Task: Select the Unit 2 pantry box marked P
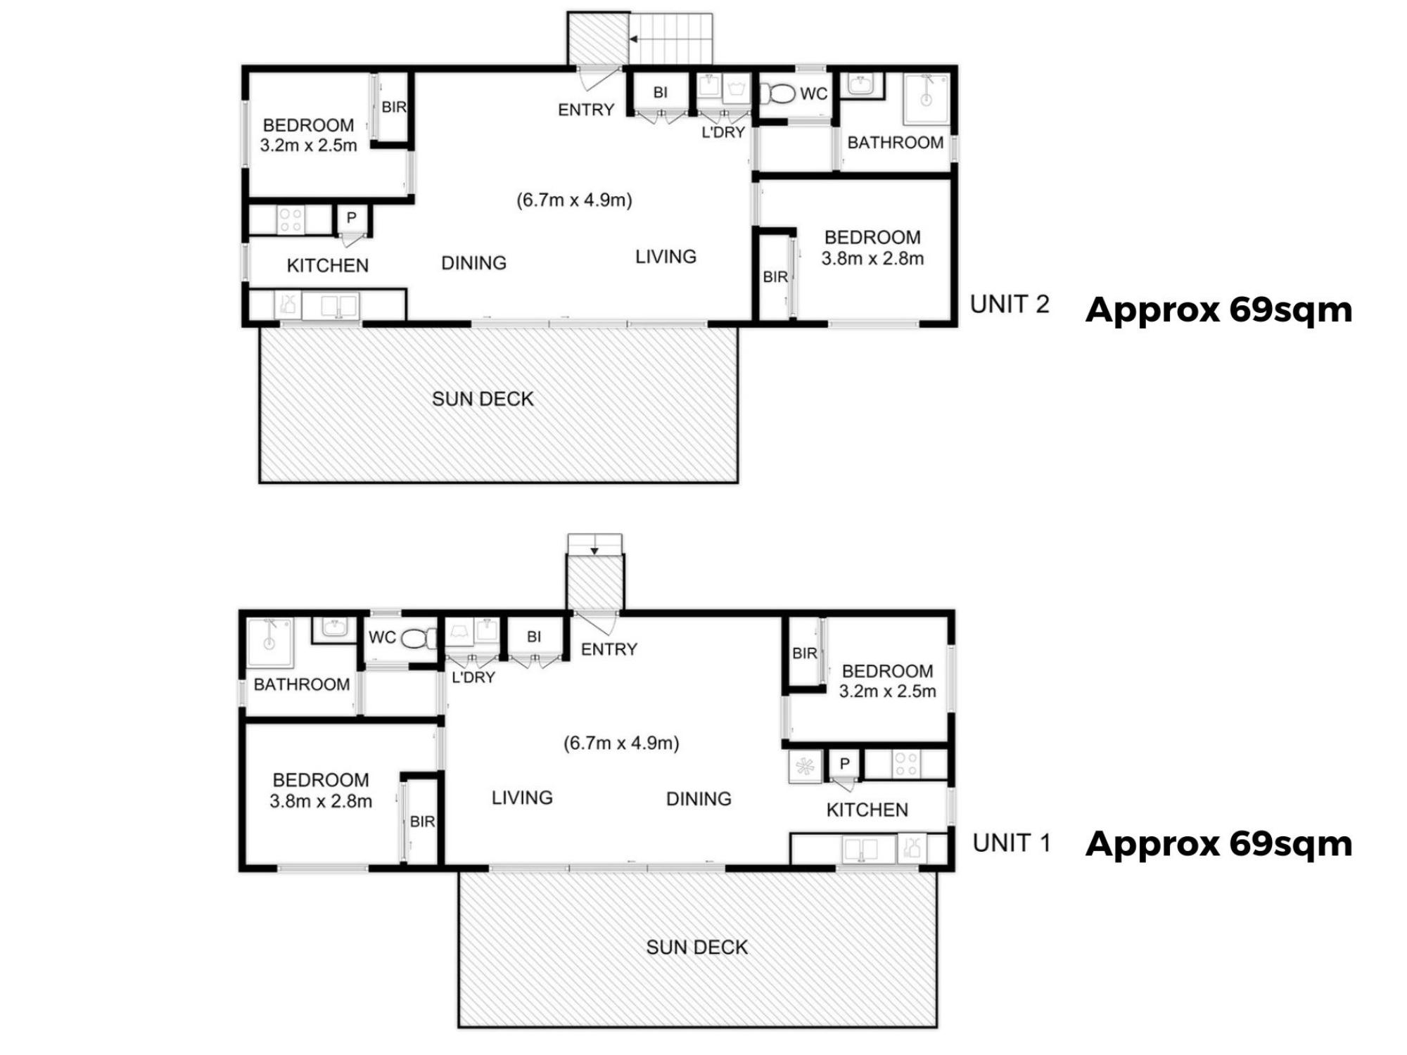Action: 351,219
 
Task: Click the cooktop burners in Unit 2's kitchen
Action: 291,219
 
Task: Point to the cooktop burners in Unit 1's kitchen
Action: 906,765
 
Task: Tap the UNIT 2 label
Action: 1010,305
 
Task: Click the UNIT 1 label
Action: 1011,843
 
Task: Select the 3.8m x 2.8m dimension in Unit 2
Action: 872,259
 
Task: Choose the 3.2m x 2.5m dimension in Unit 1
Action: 887,691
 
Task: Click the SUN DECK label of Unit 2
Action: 483,399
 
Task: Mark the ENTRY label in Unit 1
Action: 609,649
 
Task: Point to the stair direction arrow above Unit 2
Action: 633,39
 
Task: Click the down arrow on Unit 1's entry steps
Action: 594,551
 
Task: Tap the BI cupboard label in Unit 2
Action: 660,92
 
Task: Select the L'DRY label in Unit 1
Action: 473,677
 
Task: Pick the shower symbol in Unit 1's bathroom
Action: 269,643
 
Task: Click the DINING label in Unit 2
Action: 473,263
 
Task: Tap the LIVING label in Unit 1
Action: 522,798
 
